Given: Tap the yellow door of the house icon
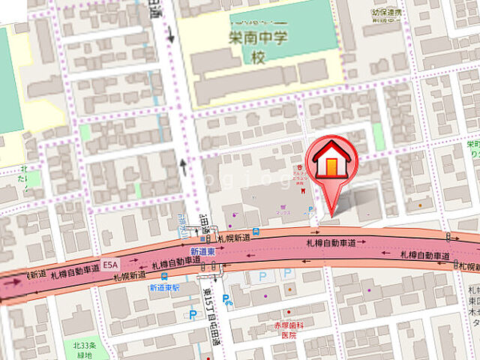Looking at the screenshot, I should tap(331, 167).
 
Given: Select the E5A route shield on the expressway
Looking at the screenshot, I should tap(111, 265).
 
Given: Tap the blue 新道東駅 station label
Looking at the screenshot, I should tap(163, 287).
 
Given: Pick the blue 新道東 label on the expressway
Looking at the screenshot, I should tap(202, 251).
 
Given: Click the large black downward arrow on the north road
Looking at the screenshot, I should tap(170, 34).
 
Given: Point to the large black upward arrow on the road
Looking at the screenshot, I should tap(183, 166).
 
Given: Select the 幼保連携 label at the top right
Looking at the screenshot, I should tap(387, 13).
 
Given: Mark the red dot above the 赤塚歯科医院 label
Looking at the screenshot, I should tap(287, 316).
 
